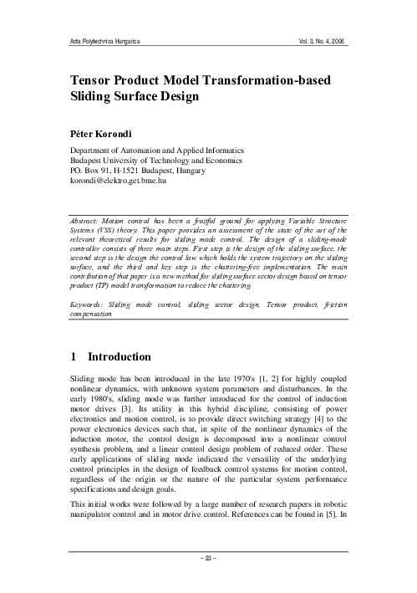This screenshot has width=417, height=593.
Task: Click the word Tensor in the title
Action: pyautogui.click(x=97, y=79)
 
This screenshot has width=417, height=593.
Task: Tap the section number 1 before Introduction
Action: pyautogui.click(x=74, y=355)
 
